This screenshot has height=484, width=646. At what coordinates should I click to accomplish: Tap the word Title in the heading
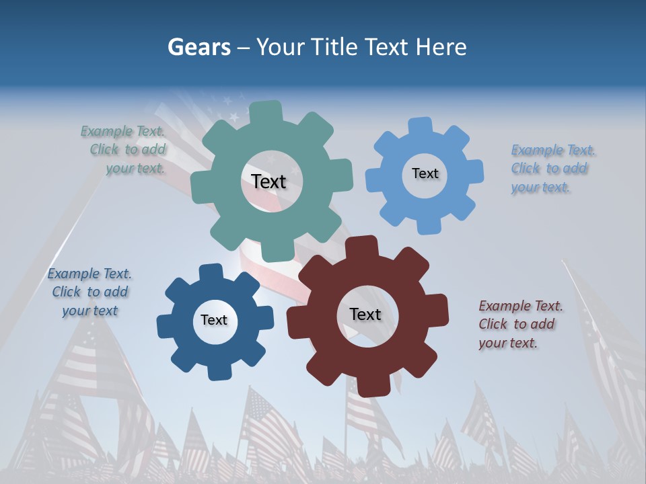pyautogui.click(x=336, y=47)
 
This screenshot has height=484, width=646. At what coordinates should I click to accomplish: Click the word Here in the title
pyautogui.click(x=441, y=47)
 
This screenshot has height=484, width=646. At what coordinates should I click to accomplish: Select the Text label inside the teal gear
pyautogui.click(x=268, y=182)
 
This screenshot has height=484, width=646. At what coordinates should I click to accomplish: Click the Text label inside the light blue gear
pyautogui.click(x=425, y=173)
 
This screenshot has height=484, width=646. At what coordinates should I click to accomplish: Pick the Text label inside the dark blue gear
pyautogui.click(x=214, y=320)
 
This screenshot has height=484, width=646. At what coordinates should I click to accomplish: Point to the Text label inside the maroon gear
pyautogui.click(x=365, y=314)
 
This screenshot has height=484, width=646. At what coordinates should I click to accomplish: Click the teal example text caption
pyautogui.click(x=124, y=150)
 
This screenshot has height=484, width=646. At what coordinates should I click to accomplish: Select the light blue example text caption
pyautogui.click(x=553, y=169)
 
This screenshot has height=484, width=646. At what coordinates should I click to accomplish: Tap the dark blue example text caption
pyautogui.click(x=89, y=292)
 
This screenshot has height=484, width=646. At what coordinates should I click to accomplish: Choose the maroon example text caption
pyautogui.click(x=520, y=325)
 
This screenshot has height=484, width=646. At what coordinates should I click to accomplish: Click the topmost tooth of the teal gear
pyautogui.click(x=266, y=112)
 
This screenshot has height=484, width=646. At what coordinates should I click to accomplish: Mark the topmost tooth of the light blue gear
pyautogui.click(x=421, y=126)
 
